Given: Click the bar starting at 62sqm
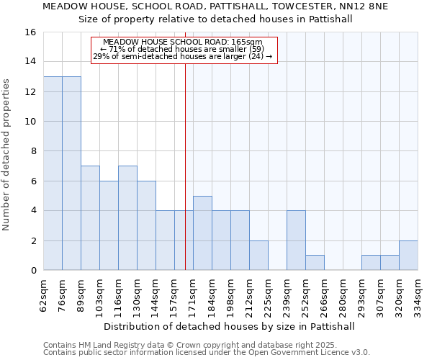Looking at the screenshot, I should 53,174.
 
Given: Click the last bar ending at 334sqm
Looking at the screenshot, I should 408,256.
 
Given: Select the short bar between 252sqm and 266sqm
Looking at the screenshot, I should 315,263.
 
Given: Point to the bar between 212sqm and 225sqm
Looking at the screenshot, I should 258,256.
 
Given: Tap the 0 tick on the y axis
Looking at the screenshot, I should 33,271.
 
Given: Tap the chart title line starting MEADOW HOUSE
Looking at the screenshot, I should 215,6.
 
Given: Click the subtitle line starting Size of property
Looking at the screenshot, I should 215,19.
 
